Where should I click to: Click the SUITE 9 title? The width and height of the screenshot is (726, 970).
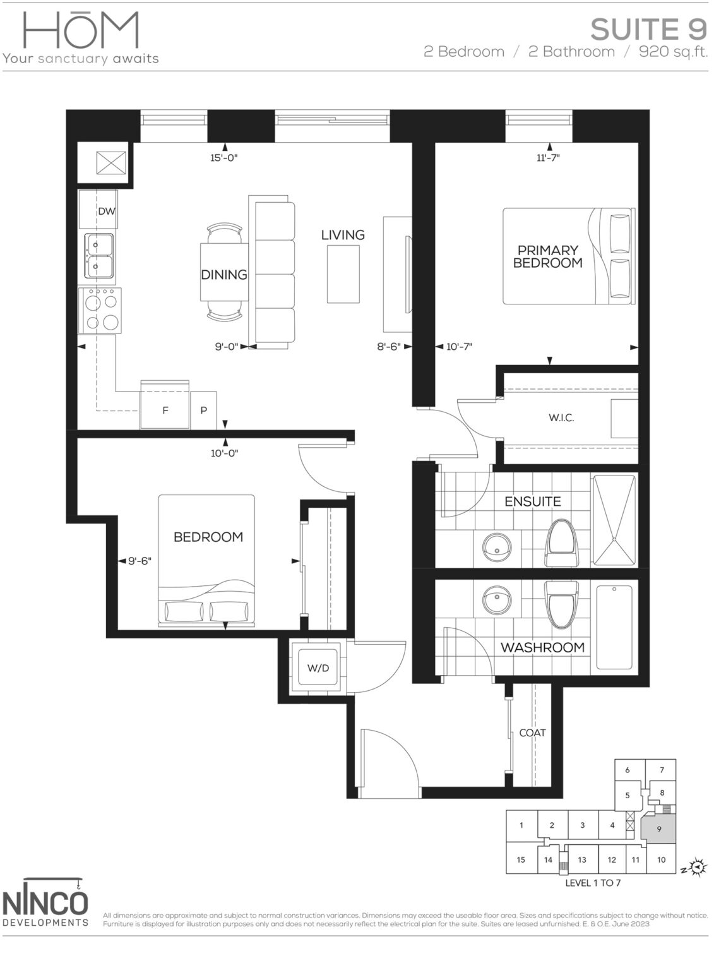[648, 29]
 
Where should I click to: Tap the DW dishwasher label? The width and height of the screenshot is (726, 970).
[107, 211]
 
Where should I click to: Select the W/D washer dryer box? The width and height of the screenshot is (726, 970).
[318, 668]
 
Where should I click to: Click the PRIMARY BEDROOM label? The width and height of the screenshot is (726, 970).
[547, 256]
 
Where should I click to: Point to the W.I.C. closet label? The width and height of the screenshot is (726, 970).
[561, 417]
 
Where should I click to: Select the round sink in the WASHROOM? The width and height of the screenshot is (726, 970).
[497, 597]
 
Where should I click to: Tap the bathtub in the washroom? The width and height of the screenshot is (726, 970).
[614, 626]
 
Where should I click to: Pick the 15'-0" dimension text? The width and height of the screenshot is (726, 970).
[223, 158]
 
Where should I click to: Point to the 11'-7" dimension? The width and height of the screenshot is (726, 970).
[548, 158]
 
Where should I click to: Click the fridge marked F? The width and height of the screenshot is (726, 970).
[165, 410]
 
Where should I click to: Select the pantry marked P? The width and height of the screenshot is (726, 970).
[204, 410]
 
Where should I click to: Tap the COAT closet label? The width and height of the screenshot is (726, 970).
[532, 733]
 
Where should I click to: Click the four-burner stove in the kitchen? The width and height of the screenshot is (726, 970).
[100, 310]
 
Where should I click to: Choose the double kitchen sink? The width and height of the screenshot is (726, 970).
[100, 256]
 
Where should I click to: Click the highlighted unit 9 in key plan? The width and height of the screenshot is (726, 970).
[659, 829]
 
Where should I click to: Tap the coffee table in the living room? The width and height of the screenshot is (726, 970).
[343, 273]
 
